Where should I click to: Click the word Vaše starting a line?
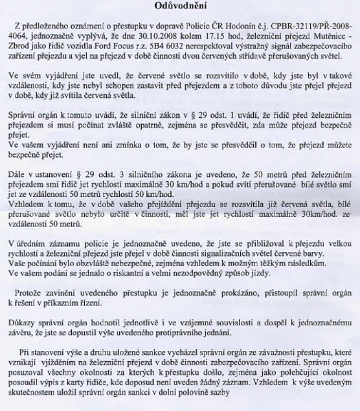(17, 262)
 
